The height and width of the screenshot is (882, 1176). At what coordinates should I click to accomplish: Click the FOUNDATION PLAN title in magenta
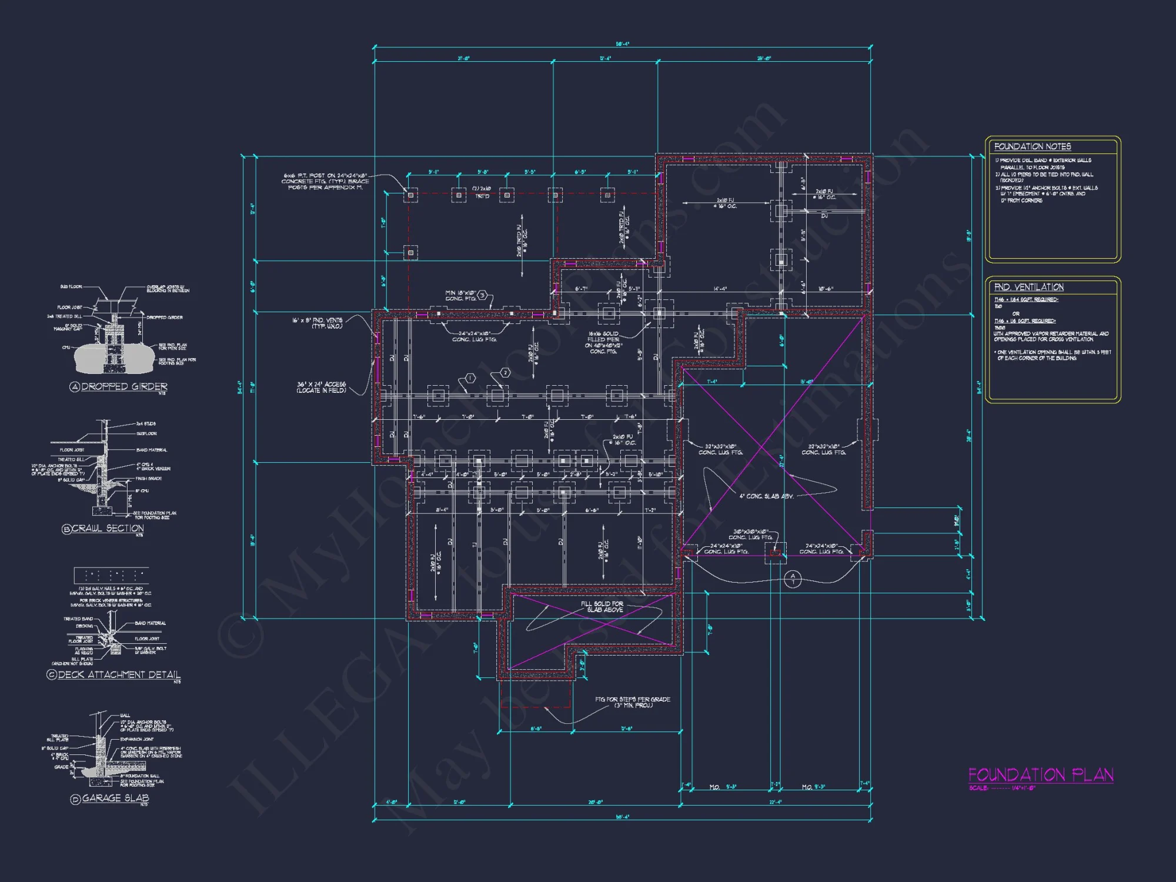[x=1040, y=774]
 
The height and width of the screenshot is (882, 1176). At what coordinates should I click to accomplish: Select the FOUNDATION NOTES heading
[x=1032, y=146]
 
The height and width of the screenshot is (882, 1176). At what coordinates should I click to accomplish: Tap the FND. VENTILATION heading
[x=1028, y=287]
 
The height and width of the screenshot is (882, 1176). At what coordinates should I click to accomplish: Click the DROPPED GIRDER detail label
[x=123, y=386]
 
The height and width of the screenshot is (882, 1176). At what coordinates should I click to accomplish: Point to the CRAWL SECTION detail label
[x=108, y=528]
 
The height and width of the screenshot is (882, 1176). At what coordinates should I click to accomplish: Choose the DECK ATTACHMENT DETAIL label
[x=119, y=674]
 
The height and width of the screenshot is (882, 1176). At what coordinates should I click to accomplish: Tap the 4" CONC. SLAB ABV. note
[x=766, y=496]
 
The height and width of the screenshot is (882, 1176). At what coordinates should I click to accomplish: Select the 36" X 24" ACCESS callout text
[x=321, y=387]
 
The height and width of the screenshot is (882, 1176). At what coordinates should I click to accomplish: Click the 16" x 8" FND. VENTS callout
[x=318, y=323]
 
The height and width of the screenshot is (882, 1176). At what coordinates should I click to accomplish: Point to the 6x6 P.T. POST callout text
[x=325, y=181]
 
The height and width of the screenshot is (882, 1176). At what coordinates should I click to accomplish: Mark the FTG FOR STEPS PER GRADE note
[x=632, y=702]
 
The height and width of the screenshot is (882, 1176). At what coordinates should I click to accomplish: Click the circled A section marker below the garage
[x=793, y=579]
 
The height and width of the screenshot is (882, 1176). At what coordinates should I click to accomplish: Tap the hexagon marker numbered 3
[x=482, y=295]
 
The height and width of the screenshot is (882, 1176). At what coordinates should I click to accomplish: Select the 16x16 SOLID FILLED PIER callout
[x=603, y=342]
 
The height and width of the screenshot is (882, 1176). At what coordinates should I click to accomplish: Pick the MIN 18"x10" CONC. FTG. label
[x=460, y=295]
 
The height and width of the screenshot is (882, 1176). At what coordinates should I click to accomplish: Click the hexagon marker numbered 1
[x=470, y=378]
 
